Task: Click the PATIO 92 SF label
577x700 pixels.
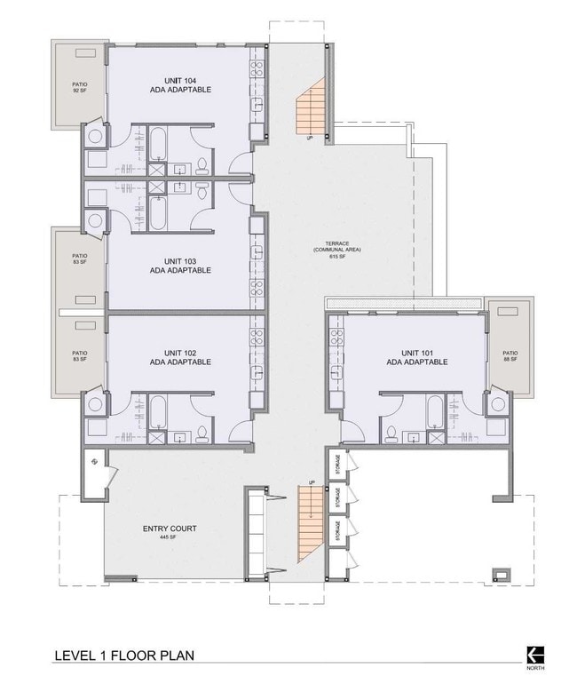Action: point(80,86)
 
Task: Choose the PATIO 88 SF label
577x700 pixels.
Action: point(510,355)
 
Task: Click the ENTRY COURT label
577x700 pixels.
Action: point(170,529)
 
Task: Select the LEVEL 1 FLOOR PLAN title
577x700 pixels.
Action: point(124,656)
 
